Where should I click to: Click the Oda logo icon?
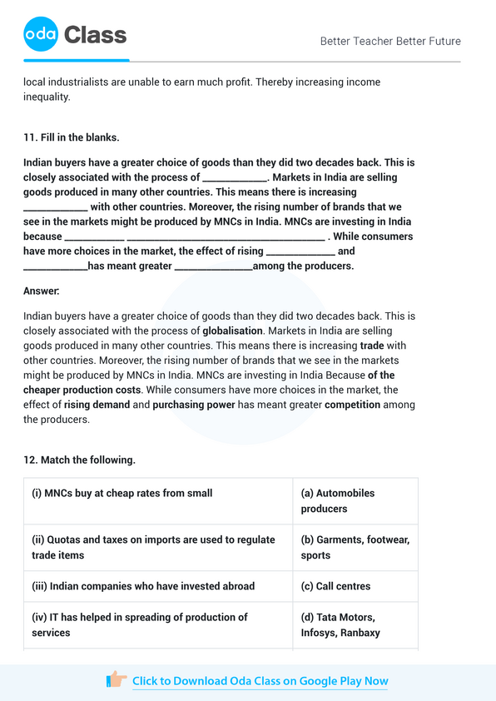pyautogui.click(x=41, y=34)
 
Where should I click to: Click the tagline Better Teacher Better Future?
pyautogui.click(x=389, y=41)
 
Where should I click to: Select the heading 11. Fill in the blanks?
pyautogui.click(x=72, y=137)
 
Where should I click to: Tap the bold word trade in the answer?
pyautogui.click(x=371, y=346)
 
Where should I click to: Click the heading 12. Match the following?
pyautogui.click(x=79, y=460)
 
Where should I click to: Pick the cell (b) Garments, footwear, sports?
pyautogui.click(x=355, y=547)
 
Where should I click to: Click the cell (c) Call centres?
pyautogui.click(x=336, y=586)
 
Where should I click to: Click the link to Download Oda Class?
pyautogui.click(x=260, y=681)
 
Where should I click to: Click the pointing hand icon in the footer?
pyautogui.click(x=117, y=680)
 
